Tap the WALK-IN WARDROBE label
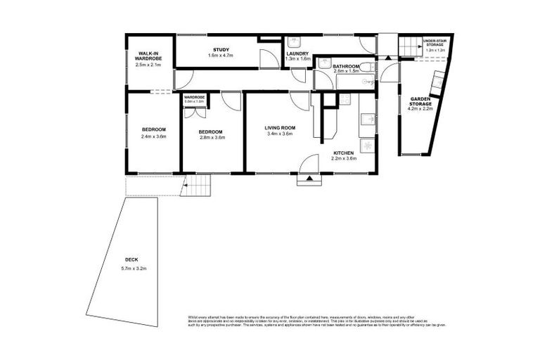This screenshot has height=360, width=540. (147, 56)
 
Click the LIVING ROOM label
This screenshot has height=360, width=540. (279, 128)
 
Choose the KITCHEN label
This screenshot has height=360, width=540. (344, 153)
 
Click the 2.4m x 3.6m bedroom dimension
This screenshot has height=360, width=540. (153, 136)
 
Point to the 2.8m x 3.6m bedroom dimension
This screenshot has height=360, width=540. (210, 137)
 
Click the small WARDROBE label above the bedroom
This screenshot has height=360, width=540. (194, 97)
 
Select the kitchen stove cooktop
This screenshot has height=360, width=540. (366, 146)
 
